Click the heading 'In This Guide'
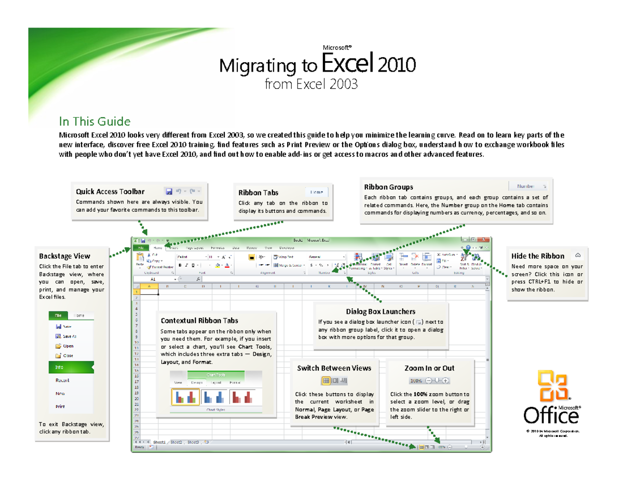pos(94,122)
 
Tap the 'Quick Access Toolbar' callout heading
pos(110,191)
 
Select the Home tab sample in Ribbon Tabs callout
pos(317,191)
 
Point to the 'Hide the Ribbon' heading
pos(538,256)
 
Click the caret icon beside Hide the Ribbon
pos(578,255)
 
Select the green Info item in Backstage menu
pos(71,366)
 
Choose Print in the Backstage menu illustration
pos(60,406)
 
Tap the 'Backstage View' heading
pos(64,256)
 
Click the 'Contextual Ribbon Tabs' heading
pos(199,321)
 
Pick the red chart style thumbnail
pos(243,397)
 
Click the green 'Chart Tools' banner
pos(215,375)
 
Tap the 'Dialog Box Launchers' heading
pos(381,311)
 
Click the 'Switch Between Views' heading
pos(334,368)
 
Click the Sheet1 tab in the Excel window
pos(159,442)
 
